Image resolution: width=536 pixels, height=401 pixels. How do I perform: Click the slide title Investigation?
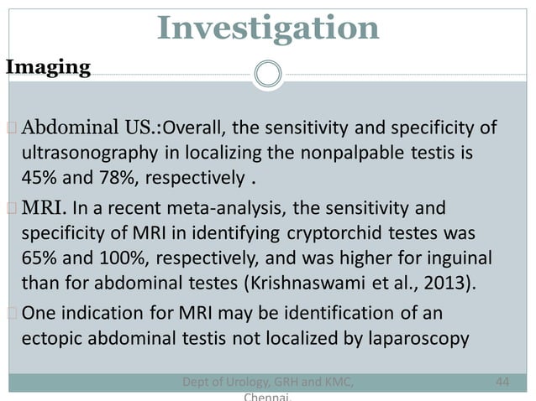click(x=268, y=29)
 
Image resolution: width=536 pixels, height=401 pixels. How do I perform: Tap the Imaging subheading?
click(x=49, y=68)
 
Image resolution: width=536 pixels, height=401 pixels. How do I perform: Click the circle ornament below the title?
click(x=269, y=74)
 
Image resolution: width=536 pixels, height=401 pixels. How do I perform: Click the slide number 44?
click(x=503, y=383)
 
